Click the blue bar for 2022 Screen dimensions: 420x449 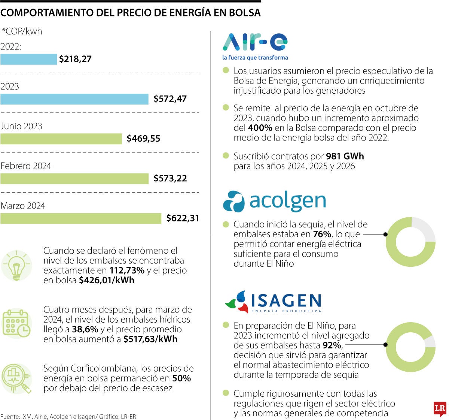pyautogui.click(x=28, y=59)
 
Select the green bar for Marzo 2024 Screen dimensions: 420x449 pyautogui.click(x=81, y=218)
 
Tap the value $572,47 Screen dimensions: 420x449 pyautogui.click(x=170, y=99)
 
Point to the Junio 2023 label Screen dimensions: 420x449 pyautogui.click(x=21, y=126)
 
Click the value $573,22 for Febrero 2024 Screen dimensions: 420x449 pyautogui.click(x=170, y=178)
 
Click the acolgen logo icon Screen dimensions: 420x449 pyautogui.click(x=233, y=201)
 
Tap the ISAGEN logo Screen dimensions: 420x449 pyautogui.click(x=273, y=302)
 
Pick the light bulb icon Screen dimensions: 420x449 pyautogui.click(x=16, y=266)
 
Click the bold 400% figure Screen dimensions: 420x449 pyautogui.click(x=260, y=128)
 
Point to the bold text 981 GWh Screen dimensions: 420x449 pyautogui.click(x=345, y=156)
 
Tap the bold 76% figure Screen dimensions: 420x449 pyautogui.click(x=322, y=234)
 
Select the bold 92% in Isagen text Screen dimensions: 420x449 pyautogui.click(x=332, y=345)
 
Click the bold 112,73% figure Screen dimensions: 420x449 pyautogui.click(x=127, y=271)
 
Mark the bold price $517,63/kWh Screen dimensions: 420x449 pyautogui.click(x=150, y=339)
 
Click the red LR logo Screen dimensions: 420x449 pyautogui.click(x=439, y=409)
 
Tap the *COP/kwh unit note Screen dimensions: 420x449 pyautogui.click(x=22, y=31)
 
